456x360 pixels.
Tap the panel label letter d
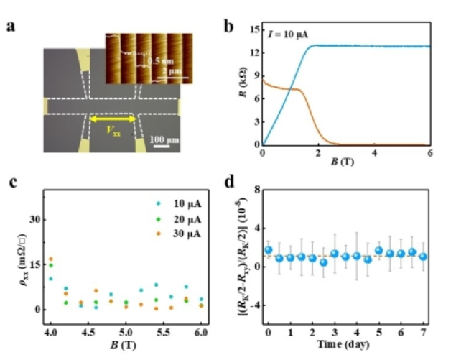229,182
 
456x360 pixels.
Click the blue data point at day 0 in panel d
269,250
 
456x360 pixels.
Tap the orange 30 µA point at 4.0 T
50,259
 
